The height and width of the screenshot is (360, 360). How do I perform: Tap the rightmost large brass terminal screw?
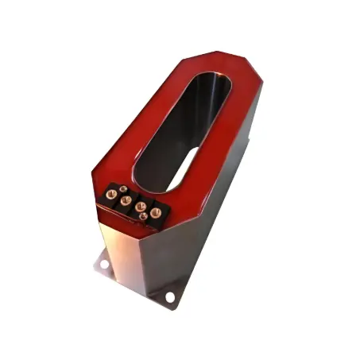pyautogui.click(x=157, y=212)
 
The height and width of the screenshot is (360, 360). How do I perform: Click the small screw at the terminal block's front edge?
pyautogui.click(x=143, y=216)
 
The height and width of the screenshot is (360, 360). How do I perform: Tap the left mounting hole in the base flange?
pyautogui.click(x=104, y=264)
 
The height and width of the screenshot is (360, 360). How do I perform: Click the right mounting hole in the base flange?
pyautogui.click(x=169, y=296)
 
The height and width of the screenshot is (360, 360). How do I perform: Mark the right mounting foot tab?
pyautogui.click(x=169, y=295)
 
